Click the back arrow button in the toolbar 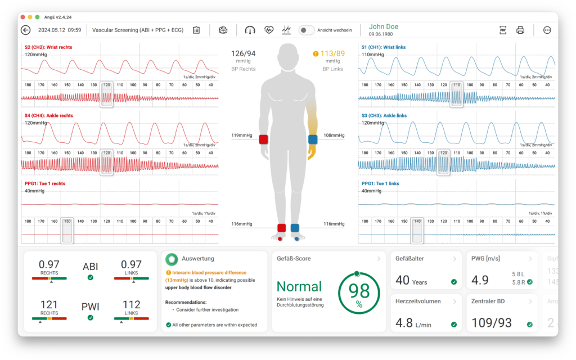pyautogui.click(x=26, y=30)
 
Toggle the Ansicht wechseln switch pyautogui.click(x=306, y=30)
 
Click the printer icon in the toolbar pyautogui.click(x=520, y=30)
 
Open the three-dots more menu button pyautogui.click(x=547, y=30)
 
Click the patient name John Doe pyautogui.click(x=383, y=26)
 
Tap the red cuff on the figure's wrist pyautogui.click(x=263, y=139)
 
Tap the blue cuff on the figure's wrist pyautogui.click(x=313, y=139)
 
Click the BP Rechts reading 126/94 pyautogui.click(x=244, y=54)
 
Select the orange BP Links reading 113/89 pyautogui.click(x=332, y=54)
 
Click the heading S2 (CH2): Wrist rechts pyautogui.click(x=48, y=47)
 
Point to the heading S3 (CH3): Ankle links pyautogui.click(x=384, y=115)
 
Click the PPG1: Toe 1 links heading pyautogui.click(x=380, y=183)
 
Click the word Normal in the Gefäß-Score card pyautogui.click(x=299, y=286)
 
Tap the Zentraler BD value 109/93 pyautogui.click(x=491, y=323)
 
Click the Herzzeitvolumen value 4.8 pyautogui.click(x=404, y=323)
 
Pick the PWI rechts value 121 pyautogui.click(x=49, y=305)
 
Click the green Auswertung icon pyautogui.click(x=172, y=259)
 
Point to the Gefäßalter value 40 pyautogui.click(x=403, y=280)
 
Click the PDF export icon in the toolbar pyautogui.click(x=503, y=30)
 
